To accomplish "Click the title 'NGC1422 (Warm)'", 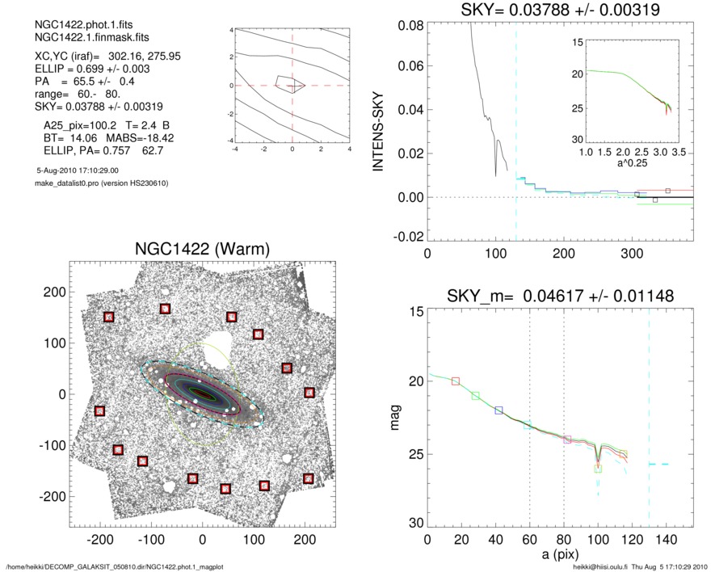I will (201, 248).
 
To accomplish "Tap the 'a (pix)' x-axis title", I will (558, 557).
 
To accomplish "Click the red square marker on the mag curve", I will (456, 381).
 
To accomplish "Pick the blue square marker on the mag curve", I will (498, 410).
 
